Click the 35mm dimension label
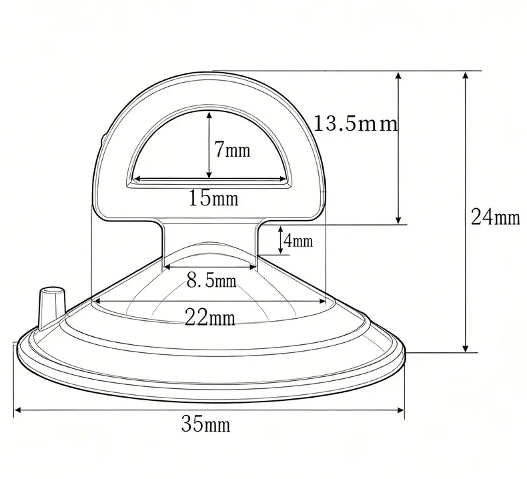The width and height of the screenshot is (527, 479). pyautogui.click(x=205, y=424)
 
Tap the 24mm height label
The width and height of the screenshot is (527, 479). pyautogui.click(x=496, y=217)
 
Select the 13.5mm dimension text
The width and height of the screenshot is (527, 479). pyautogui.click(x=356, y=123)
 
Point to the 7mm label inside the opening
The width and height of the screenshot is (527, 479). pyautogui.click(x=233, y=149)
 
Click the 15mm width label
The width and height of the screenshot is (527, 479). pyautogui.click(x=213, y=197)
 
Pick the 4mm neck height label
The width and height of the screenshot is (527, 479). pyautogui.click(x=298, y=241)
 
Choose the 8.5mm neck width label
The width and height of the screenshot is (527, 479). pyautogui.click(x=211, y=280)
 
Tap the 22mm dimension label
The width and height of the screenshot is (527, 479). pyautogui.click(x=210, y=318)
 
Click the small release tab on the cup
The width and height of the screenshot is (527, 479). pyautogui.click(x=51, y=307)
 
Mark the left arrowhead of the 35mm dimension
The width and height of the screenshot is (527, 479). pyautogui.click(x=18, y=410)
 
